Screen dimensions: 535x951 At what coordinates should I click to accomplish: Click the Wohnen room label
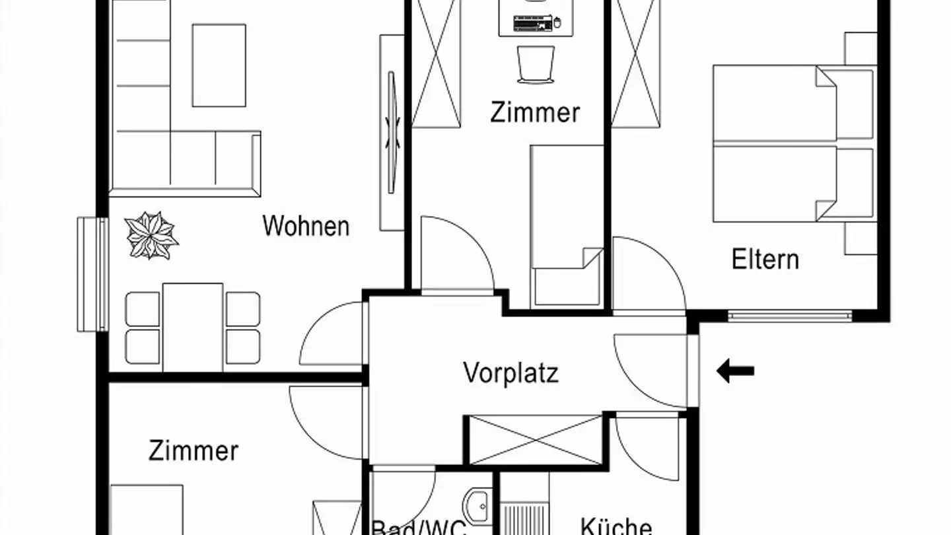coord(306,226)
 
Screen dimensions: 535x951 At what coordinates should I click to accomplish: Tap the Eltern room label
coord(765,259)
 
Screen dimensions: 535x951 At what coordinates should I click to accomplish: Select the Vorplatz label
coord(511,373)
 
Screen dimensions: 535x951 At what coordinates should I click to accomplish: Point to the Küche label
coord(616,526)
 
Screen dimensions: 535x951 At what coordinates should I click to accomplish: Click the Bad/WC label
coord(419,528)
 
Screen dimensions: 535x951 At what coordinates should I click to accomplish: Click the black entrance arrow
coord(735,371)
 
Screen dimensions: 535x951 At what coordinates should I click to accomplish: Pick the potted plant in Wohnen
coord(151,235)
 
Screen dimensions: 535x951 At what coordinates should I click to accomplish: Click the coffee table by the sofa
coord(219,65)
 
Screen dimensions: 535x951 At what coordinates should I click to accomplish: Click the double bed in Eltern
coord(792,143)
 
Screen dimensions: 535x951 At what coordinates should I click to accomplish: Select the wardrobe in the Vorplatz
coord(535,439)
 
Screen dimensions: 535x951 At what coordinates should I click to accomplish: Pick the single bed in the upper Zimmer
coord(567,225)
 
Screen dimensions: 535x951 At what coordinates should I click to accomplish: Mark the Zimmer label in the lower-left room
coord(193,451)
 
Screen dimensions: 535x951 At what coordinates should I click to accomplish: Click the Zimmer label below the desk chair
coord(535,112)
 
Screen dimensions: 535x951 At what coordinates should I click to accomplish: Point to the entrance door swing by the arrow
coord(651,370)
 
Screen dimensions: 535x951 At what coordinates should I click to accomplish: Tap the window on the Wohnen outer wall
coord(92,273)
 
